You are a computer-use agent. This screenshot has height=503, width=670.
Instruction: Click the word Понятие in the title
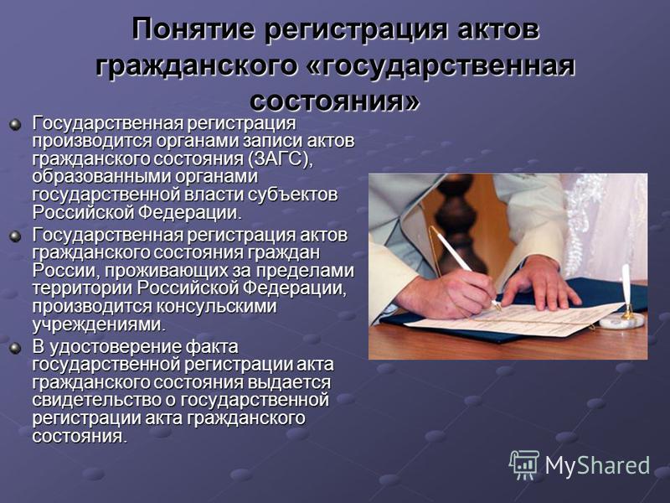(193, 30)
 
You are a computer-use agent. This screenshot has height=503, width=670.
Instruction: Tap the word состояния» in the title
(335, 101)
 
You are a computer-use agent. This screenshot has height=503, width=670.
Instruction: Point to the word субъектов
(293, 194)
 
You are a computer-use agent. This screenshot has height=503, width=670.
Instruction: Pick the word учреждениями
(98, 325)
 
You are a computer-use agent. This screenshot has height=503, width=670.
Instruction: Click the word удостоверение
(115, 347)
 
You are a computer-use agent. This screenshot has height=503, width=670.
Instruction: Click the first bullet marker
(15, 124)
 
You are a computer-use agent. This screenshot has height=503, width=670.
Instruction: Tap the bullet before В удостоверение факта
(15, 348)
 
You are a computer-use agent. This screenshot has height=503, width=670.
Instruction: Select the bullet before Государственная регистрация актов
(15, 236)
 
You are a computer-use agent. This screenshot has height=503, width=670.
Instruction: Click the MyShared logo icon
(524, 465)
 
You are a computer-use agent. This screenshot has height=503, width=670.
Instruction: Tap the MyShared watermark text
(597, 465)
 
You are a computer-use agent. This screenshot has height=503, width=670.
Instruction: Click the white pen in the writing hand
(466, 268)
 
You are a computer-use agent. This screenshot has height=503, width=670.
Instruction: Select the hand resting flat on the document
(540, 283)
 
